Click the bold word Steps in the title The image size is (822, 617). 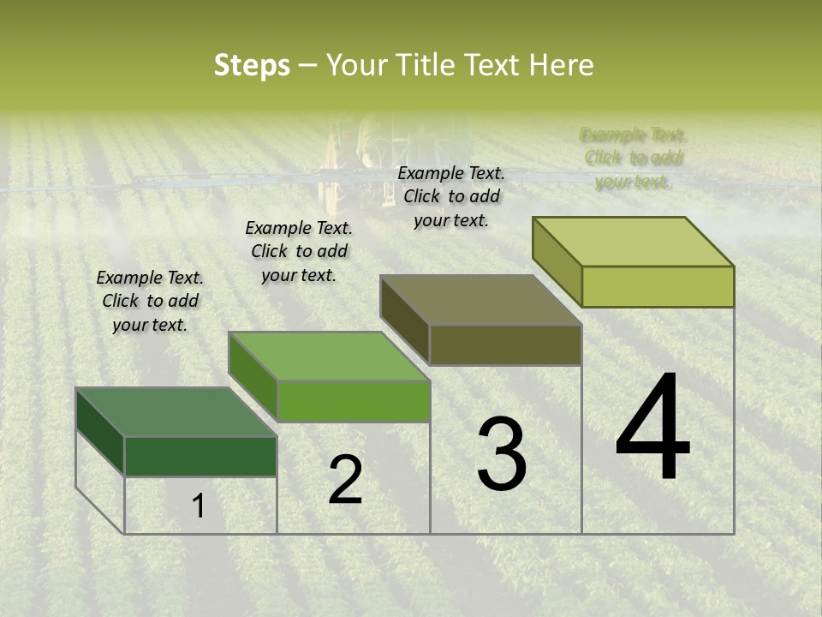[x=252, y=65]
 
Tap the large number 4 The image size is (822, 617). [x=653, y=428]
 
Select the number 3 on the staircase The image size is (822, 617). [x=502, y=454]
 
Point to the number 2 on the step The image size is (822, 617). [x=345, y=480]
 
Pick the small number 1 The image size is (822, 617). [x=198, y=506]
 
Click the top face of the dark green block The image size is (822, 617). [x=176, y=412]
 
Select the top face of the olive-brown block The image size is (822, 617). [x=481, y=300]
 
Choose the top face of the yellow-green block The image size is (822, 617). [x=634, y=242]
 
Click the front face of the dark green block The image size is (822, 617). [x=200, y=456]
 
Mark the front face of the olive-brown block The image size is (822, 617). [x=505, y=345]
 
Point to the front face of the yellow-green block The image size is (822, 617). [x=658, y=286]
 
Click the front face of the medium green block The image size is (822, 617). [x=353, y=401]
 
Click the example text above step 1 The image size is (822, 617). [x=150, y=301]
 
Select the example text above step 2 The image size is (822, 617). [x=299, y=251]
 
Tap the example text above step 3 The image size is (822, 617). [x=451, y=196]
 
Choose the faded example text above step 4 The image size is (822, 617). [x=634, y=158]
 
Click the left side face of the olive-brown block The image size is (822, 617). [x=404, y=320]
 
